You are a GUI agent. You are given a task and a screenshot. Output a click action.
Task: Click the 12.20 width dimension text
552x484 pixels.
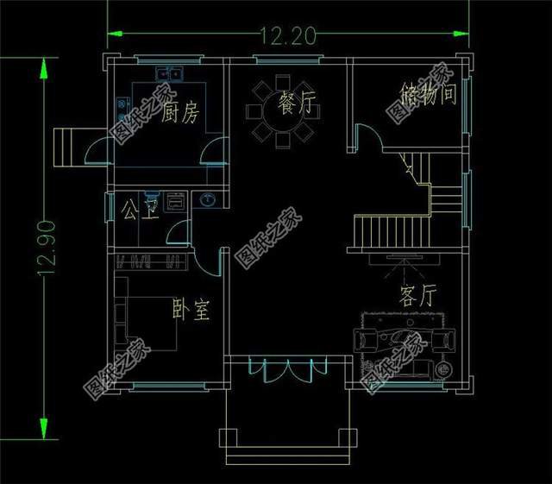point(288,35)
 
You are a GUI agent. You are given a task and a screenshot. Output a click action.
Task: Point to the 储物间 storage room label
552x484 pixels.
point(428,94)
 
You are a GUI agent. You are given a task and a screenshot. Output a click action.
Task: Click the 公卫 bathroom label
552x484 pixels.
point(138,209)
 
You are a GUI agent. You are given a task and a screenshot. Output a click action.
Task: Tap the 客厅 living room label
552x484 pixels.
point(417,297)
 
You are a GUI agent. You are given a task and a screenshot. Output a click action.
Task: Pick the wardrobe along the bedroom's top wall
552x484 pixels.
point(151,261)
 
